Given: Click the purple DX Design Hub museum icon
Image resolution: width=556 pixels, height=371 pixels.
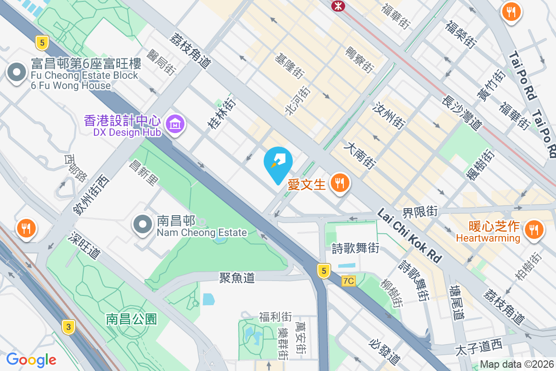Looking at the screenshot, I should (x=175, y=124).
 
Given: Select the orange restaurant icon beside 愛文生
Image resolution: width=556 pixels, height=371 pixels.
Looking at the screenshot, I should (x=340, y=183).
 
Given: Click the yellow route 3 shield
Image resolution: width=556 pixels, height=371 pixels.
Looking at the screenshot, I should (x=69, y=327).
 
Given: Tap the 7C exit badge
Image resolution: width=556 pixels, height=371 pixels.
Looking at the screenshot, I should (x=348, y=281).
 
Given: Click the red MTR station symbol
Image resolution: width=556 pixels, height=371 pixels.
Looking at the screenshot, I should (x=337, y=6).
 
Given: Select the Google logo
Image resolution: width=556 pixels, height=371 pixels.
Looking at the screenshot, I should (x=31, y=359).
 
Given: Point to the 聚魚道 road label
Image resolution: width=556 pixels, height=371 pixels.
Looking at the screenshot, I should (x=237, y=278).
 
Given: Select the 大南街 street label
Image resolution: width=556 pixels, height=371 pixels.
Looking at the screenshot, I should (x=359, y=156).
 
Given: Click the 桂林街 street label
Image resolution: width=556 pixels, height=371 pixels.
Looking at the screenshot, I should (x=219, y=113).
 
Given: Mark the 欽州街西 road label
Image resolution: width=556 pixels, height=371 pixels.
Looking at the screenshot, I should (x=90, y=195).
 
